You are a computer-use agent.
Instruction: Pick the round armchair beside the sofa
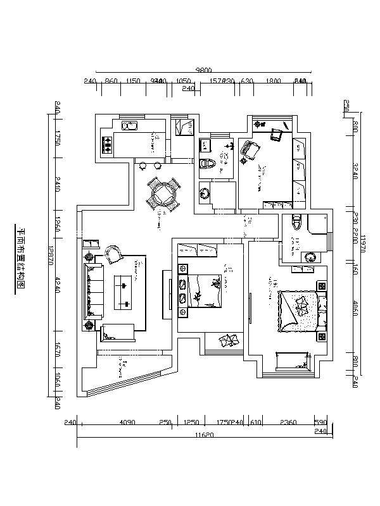115,254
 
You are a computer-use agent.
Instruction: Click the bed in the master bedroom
298,311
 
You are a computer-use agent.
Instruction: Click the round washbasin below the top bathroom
205,193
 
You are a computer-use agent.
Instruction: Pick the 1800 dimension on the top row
274,82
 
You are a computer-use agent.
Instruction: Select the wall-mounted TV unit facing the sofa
167,294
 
